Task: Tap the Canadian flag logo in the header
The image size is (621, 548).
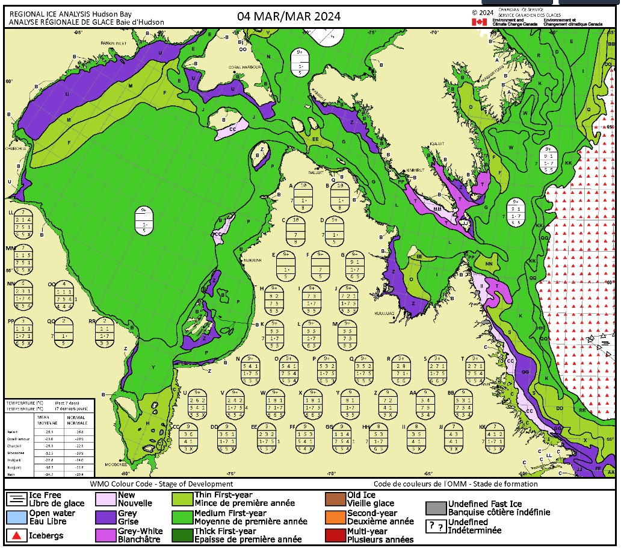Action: (479, 22)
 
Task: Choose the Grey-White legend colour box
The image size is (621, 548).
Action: (105, 534)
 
